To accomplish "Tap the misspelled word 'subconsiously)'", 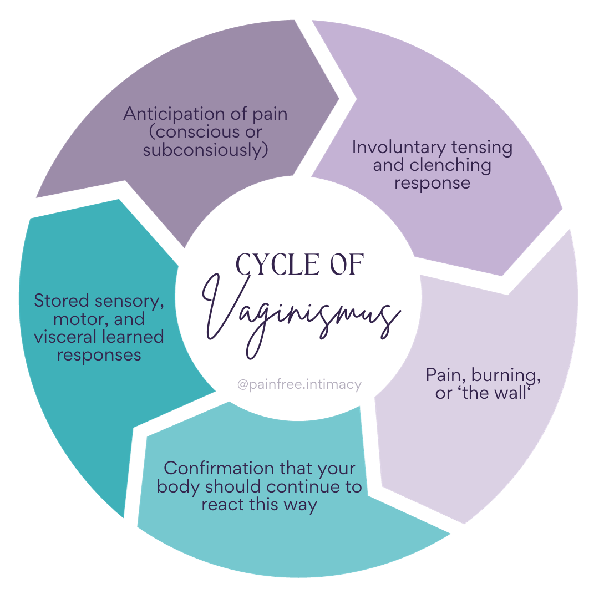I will coord(205,150).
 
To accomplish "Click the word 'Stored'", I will coord(61,301).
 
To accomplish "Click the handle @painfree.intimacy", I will coord(299,384).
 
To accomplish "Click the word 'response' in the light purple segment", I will coord(432,183).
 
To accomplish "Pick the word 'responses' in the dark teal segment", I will coord(99,354).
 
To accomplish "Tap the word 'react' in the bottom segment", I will coord(225,505).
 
